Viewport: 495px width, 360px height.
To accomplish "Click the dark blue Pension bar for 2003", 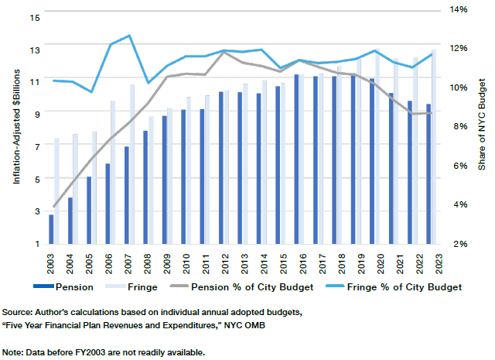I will point(52,229).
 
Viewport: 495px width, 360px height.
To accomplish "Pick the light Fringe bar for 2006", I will point(113,172).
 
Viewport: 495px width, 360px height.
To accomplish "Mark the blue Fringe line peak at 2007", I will point(129,36).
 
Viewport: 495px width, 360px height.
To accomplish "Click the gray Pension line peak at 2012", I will point(224,53).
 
